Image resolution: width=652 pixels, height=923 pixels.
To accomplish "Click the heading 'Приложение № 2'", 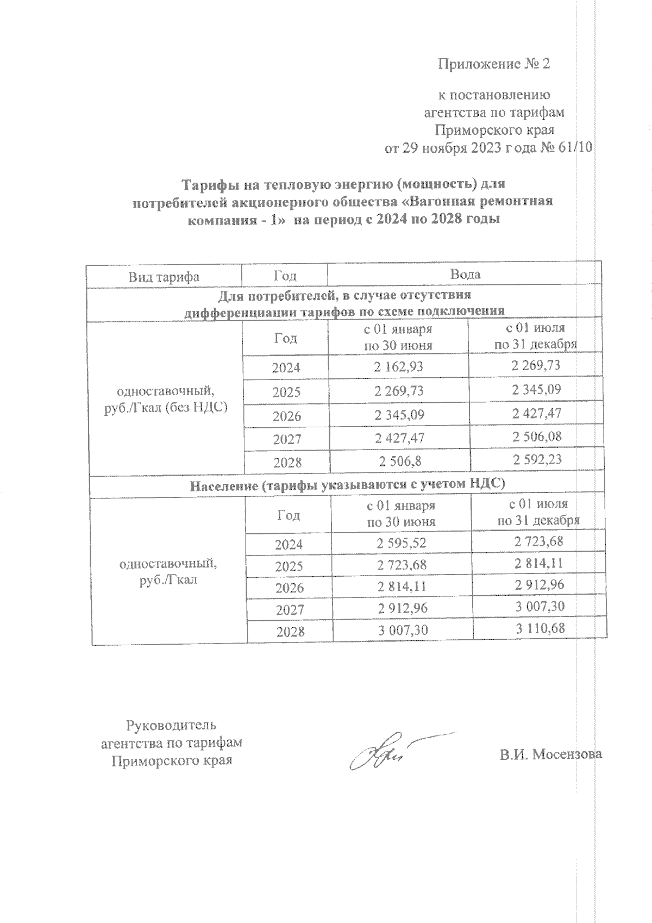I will [494, 64].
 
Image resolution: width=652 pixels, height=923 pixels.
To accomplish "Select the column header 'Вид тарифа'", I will [164, 277].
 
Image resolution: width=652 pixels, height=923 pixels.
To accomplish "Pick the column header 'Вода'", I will [465, 275].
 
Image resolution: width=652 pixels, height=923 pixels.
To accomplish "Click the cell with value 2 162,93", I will [398, 367].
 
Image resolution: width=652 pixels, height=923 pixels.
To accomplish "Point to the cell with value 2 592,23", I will [536, 459].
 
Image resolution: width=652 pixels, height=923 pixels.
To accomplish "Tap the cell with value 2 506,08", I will [536, 436].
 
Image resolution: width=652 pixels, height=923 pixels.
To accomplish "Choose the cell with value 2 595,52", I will [402, 543].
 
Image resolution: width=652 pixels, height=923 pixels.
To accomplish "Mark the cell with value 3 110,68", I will [540, 628].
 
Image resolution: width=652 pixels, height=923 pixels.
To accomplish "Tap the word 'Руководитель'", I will [172, 725].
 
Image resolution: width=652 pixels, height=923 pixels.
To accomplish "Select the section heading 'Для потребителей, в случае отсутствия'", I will [344, 296].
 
